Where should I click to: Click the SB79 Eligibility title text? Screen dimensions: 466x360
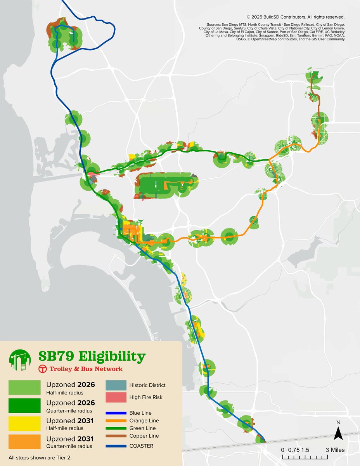pos(92,356)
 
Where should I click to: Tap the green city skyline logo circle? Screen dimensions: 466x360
pos(20,360)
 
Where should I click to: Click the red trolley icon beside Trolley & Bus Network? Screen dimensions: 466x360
pos(43,369)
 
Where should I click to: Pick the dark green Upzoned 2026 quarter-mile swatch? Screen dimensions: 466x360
pos(24,405)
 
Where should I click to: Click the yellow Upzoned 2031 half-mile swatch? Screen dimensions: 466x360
pos(24,424)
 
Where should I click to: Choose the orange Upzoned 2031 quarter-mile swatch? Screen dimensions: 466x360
pos(24,442)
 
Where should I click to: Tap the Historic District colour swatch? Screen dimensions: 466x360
pos(116,385)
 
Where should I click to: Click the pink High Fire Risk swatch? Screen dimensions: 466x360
pos(116,397)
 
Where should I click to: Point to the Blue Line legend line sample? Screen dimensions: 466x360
pos(116,413)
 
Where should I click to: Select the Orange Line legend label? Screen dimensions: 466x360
pos(144,421)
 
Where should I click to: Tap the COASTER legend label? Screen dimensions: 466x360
pos(142,446)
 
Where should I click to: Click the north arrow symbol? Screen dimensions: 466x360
pos(338,432)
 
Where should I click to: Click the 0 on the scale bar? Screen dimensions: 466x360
pos(283,450)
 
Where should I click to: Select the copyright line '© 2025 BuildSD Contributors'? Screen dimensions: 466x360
pos(296,17)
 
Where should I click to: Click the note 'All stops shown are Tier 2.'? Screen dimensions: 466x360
pos(40,457)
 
